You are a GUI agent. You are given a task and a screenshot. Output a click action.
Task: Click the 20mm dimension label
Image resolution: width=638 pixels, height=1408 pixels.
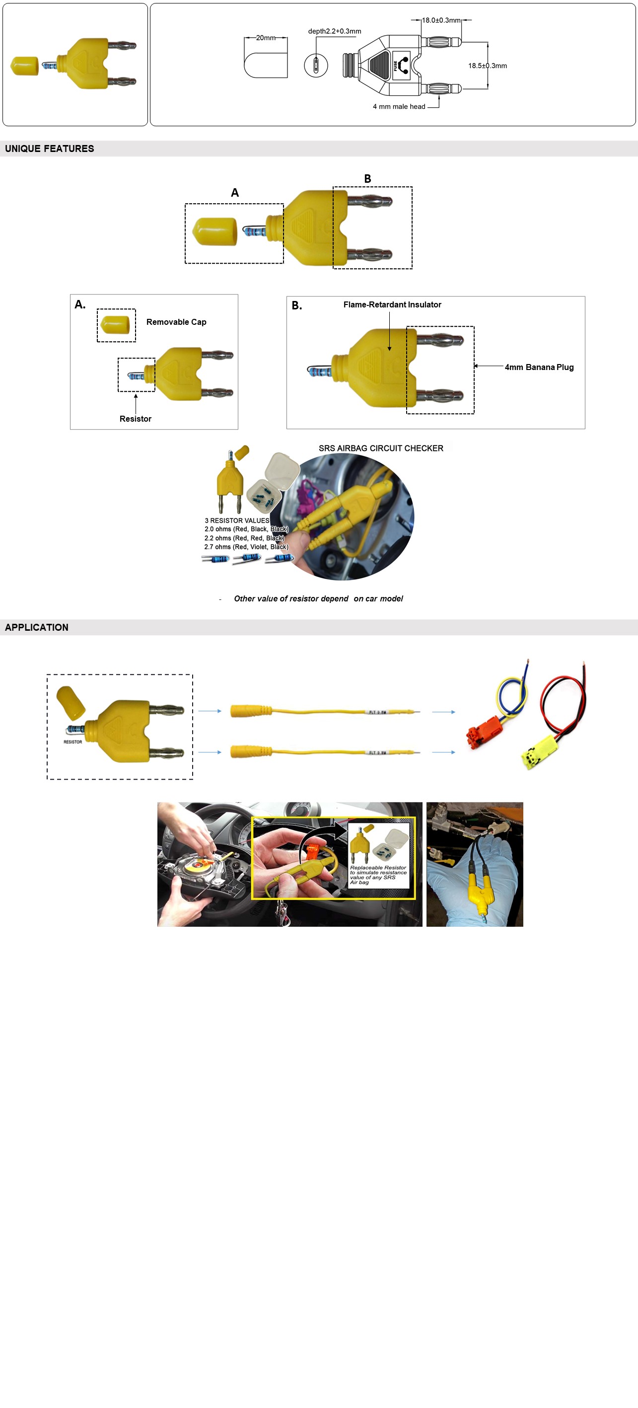266,38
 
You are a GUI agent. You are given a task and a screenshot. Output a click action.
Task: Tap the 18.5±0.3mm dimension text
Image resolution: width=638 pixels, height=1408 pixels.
487,66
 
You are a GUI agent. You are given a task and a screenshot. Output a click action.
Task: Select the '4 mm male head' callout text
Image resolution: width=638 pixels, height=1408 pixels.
399,107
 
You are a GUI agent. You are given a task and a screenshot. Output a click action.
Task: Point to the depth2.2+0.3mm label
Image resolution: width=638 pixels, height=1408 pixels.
334,31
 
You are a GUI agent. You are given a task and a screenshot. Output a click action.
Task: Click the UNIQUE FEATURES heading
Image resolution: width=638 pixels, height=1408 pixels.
49,148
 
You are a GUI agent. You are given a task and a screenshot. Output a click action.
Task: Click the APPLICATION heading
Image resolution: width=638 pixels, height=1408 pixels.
37,627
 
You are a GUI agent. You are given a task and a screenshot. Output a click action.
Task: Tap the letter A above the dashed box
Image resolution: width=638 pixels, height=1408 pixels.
235,192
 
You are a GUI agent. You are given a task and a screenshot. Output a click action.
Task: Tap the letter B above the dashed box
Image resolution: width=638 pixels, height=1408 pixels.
367,179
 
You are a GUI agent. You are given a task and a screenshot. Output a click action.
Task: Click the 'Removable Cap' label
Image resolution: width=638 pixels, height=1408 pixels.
176,322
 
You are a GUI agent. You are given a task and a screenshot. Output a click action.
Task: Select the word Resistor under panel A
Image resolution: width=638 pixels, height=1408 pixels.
135,419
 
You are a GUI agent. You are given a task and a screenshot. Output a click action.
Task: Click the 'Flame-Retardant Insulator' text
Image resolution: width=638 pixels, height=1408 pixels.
392,304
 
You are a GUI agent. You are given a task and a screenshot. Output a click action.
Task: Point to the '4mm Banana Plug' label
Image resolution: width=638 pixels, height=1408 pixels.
539,368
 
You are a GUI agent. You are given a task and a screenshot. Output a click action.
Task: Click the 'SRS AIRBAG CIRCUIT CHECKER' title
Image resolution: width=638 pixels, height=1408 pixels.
381,448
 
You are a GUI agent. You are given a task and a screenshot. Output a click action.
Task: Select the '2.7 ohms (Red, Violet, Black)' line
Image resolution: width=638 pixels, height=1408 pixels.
246,547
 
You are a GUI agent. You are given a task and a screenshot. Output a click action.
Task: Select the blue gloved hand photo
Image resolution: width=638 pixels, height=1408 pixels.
474,864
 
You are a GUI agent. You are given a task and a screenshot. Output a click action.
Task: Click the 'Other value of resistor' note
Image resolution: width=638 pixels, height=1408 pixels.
318,598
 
